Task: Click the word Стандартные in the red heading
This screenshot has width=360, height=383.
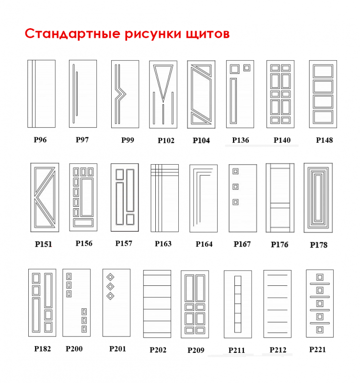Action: [73, 34]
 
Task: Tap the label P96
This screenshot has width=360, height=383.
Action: [40, 140]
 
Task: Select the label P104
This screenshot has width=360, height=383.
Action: [201, 140]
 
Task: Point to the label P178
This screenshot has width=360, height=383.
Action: [319, 245]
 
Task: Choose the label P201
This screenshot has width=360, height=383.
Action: [117, 349]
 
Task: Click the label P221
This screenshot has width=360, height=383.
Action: [318, 349]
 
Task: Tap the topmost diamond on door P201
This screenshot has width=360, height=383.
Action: [111, 277]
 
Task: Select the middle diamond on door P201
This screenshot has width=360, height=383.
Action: [111, 286]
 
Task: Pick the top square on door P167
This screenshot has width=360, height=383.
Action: [235, 171]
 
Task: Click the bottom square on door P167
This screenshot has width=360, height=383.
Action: [235, 202]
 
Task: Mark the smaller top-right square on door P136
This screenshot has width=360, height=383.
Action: [247, 68]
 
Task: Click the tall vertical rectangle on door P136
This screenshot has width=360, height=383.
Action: [233, 101]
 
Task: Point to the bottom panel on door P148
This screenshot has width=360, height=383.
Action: [323, 117]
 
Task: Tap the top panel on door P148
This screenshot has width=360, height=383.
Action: [323, 71]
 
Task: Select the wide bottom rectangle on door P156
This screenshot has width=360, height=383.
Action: [83, 223]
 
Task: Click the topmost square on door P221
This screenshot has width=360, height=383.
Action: [320, 277]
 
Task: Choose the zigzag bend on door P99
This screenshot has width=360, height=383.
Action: [121, 94]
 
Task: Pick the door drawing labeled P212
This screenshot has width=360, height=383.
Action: [278, 304]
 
